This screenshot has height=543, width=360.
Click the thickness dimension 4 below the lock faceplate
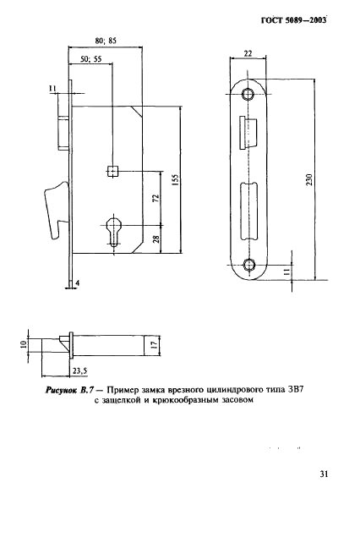click(x=77, y=283)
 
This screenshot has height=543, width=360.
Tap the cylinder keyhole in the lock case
click(x=114, y=231)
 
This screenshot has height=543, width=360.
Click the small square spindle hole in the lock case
click(x=113, y=171)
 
